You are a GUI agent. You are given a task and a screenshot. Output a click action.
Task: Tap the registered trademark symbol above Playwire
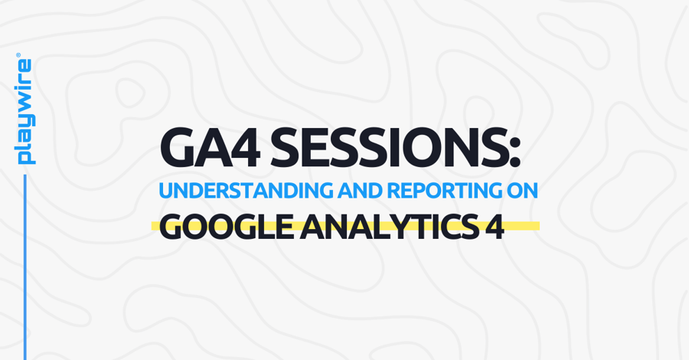[18, 56]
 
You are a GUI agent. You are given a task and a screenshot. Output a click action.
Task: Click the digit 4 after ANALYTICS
[495, 227]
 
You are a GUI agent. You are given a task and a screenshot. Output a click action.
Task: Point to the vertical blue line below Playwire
[25, 268]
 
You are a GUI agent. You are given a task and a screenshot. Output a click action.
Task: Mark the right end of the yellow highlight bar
[537, 226]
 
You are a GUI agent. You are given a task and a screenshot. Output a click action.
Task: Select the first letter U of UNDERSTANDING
[165, 191]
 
